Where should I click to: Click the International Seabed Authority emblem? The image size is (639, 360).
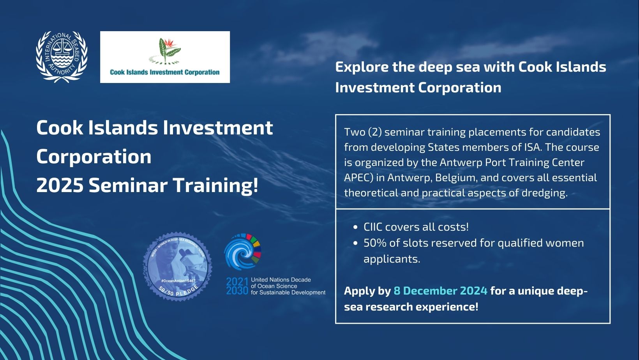(x=62, y=57)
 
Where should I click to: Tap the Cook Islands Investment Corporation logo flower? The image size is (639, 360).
(x=165, y=51)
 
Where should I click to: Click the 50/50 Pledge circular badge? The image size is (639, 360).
(x=177, y=266)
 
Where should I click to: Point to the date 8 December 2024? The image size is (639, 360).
(x=440, y=291)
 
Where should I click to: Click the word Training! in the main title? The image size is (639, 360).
(x=216, y=186)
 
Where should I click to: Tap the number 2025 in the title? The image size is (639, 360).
(x=60, y=185)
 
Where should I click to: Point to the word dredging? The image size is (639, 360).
(x=545, y=193)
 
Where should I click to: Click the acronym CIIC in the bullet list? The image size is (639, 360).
(x=373, y=227)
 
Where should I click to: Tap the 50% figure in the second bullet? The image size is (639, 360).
(x=375, y=243)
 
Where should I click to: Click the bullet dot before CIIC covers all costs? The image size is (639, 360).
(x=355, y=228)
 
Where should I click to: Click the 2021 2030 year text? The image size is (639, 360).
(x=237, y=286)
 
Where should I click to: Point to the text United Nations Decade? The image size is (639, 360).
(x=281, y=280)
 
